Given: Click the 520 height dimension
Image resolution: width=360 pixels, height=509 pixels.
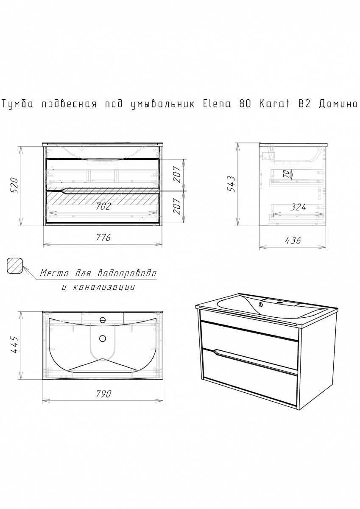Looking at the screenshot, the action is pos(14,185).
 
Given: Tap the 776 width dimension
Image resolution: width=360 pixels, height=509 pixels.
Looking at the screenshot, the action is pos(103,238).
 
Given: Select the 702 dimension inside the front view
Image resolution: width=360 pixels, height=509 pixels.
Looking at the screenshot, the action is pos(103,206).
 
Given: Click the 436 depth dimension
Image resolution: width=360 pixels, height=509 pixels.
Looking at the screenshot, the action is pos(293,240).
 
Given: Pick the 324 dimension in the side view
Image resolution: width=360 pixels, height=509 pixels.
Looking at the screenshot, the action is pos(298,207).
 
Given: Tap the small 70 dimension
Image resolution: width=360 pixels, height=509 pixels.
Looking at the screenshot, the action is pos(287,174).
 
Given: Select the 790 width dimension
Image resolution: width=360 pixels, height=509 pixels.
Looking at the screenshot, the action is pos(103,394).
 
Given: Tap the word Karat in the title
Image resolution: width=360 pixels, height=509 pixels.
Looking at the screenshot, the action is pos(274,104).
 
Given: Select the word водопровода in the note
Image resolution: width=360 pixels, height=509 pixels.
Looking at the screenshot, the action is pos(127,273).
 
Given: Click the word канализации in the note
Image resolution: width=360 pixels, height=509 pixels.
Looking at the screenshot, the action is pos(104,287).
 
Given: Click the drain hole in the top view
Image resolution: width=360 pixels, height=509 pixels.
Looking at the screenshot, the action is pos(103,338).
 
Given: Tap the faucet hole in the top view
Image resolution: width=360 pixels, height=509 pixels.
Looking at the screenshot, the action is pos(103,320).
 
